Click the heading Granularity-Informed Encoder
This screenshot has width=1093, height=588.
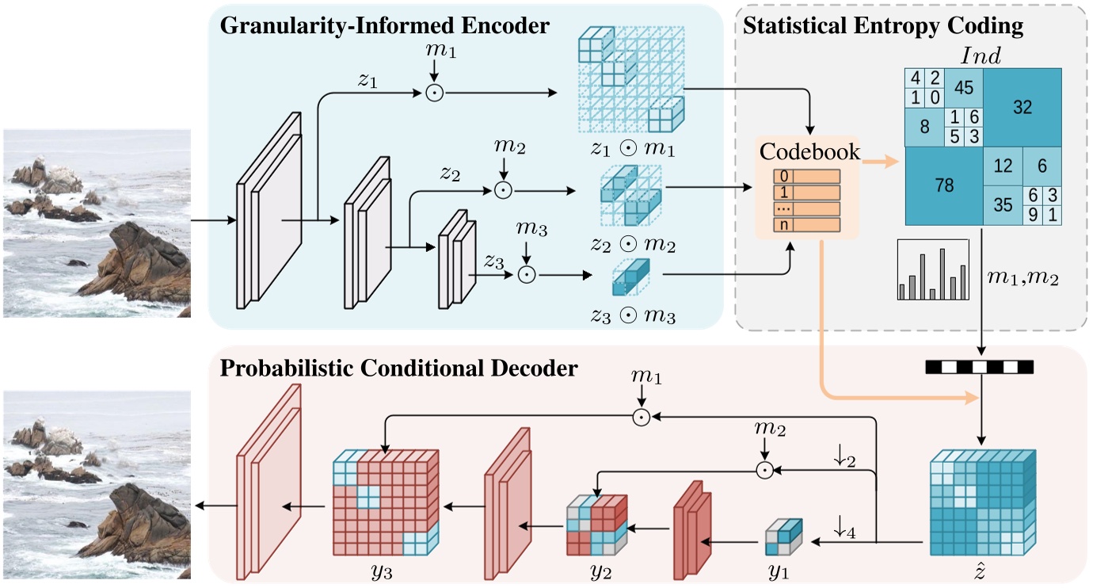pyautogui.click(x=384, y=25)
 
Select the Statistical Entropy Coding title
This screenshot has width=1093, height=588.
pyautogui.click(x=883, y=25)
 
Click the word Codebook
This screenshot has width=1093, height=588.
pyautogui.click(x=809, y=151)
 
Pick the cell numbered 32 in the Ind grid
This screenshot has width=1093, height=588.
pyautogui.click(x=1023, y=108)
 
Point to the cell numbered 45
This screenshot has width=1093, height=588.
pyautogui.click(x=964, y=88)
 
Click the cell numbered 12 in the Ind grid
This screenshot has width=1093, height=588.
pyautogui.click(x=1003, y=166)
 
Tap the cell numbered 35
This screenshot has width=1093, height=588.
pyautogui.click(x=1003, y=205)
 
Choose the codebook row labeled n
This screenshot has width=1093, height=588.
pyautogui.click(x=808, y=225)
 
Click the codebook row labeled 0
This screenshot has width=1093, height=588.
pyautogui.click(x=808, y=177)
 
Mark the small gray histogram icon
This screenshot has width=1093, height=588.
pyautogui.click(x=933, y=270)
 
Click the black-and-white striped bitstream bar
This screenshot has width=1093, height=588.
pyautogui.click(x=981, y=367)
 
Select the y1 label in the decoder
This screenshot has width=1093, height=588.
pyautogui.click(x=779, y=571)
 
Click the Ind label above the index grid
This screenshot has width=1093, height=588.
pyautogui.click(x=981, y=55)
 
